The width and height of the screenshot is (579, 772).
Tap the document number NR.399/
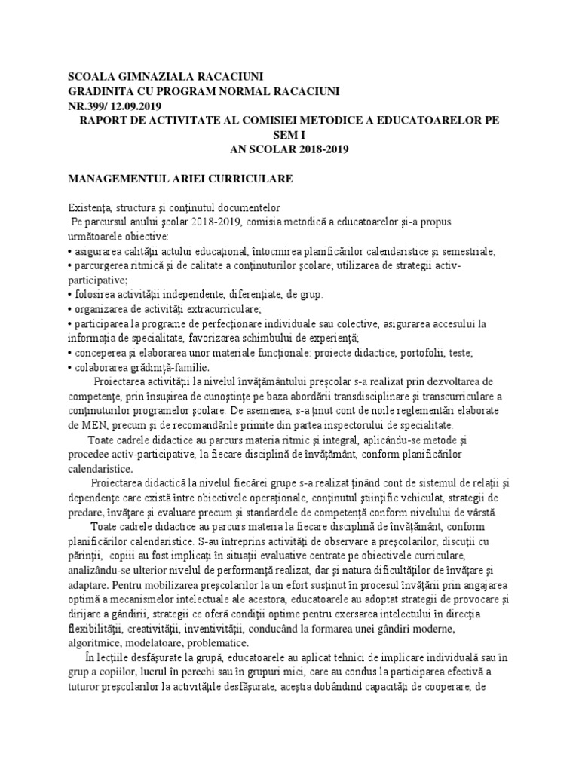coord(88,106)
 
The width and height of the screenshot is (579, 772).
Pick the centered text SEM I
coord(289,135)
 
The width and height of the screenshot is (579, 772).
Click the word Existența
coord(90,207)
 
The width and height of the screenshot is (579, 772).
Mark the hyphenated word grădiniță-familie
coord(151,367)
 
